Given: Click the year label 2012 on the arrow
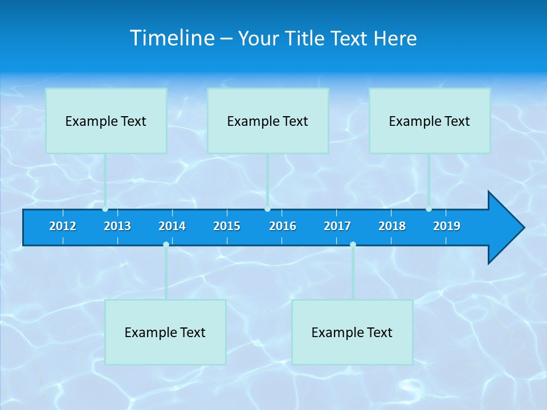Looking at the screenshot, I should [63, 226].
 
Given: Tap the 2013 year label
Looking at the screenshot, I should [117, 226].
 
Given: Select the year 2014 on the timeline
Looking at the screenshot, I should [172, 226].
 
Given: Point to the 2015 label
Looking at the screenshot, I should [227, 226].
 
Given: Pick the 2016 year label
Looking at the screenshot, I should [283, 226].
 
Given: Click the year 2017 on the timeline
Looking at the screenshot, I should [337, 226].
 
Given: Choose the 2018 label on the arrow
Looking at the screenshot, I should [392, 226].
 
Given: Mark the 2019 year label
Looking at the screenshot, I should [447, 226].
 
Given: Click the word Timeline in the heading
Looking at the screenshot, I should [173, 38].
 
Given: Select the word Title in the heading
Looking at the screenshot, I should [306, 39].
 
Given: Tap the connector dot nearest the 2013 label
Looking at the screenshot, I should [105, 209].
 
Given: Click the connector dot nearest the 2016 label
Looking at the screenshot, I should [267, 209].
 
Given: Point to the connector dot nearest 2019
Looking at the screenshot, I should [428, 209].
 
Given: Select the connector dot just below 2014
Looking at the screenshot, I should [166, 244].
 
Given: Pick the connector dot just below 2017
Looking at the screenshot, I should [353, 244].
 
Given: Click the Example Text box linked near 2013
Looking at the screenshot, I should [106, 121].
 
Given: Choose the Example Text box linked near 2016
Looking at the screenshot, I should [268, 121].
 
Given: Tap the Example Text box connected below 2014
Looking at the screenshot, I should [165, 332].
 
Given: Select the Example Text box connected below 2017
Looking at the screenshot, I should [352, 332].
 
